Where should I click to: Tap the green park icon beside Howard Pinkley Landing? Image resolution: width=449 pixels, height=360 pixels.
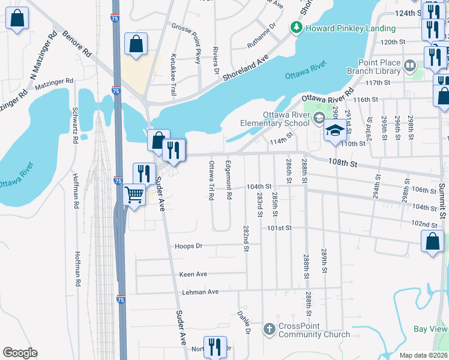pos(296,28)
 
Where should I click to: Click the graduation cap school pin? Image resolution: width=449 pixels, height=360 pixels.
pos(335,130)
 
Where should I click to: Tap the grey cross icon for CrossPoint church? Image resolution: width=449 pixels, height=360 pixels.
pos(270,329)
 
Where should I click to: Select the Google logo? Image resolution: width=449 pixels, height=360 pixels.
pos(20,353)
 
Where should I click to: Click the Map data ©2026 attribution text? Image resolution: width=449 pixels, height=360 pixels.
pos(423,355)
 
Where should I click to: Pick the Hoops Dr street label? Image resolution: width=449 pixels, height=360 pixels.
pos(189,246)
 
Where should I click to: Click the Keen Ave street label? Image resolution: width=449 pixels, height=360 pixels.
pos(193,274)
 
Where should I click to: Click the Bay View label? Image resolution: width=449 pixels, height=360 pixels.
pos(430,329)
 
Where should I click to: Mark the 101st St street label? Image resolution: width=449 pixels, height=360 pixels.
pos(279,228)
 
